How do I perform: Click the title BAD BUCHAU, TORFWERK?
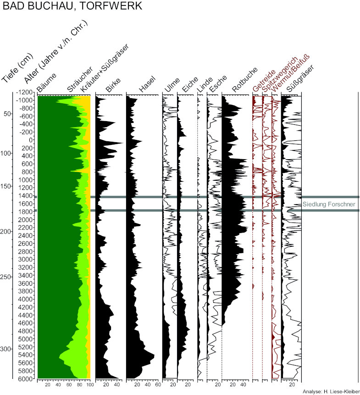pos(72,6)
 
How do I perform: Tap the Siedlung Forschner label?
pos(329,204)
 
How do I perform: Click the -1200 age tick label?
pos(24,92)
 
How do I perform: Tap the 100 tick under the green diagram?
pos(89,384)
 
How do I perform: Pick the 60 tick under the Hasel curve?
pos(157,384)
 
